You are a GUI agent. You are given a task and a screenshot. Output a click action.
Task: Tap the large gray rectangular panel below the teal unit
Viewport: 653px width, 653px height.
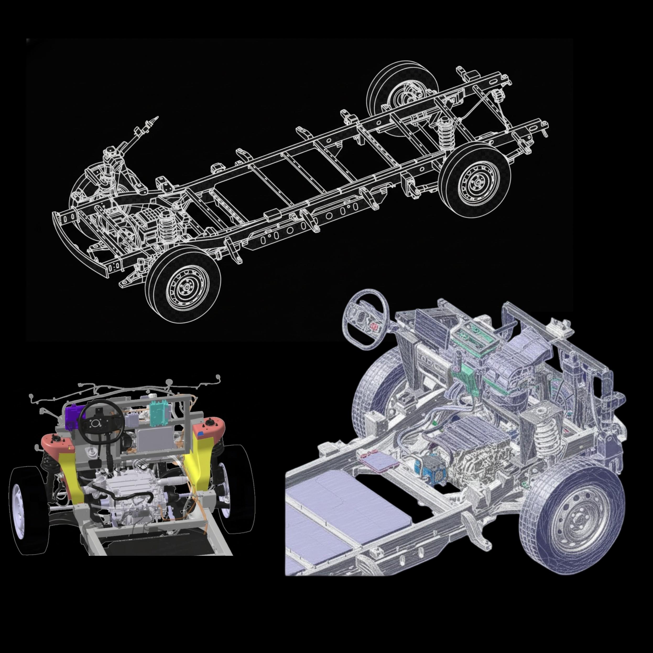[x=155, y=439]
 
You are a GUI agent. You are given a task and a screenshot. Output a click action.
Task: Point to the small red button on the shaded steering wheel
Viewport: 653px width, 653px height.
[x=374, y=326]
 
